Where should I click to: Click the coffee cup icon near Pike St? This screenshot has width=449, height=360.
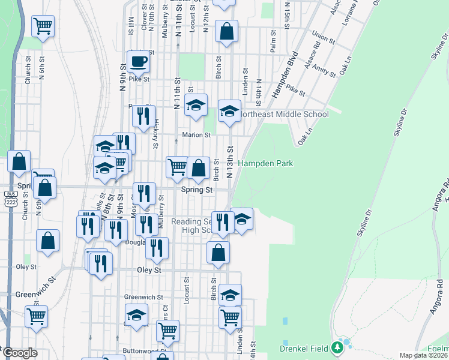tap(138, 61)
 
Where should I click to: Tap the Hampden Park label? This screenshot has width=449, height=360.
tap(265, 163)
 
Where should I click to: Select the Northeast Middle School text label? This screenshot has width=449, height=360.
tap(285, 114)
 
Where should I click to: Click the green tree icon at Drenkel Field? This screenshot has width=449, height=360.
tap(345, 345)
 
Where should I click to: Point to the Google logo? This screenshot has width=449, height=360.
tap(20, 353)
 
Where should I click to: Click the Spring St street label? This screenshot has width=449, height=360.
tap(197, 190)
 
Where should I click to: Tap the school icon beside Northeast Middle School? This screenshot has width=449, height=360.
tap(229, 111)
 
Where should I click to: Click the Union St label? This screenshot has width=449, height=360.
tap(323, 38)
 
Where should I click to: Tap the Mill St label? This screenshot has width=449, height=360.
tap(131, 25)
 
